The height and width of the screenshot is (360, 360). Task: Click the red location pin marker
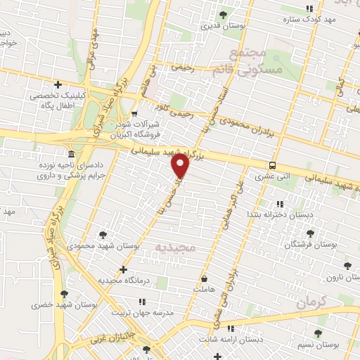181,166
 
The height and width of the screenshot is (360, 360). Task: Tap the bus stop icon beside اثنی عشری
271,166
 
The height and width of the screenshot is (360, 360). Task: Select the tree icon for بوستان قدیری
223,15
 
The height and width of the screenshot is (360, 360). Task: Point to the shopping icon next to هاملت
204,278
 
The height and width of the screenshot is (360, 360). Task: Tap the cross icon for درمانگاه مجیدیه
124,269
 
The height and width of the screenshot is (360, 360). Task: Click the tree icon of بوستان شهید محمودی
103,235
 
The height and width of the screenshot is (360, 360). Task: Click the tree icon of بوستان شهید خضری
64,294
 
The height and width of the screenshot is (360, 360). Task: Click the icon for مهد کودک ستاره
309,9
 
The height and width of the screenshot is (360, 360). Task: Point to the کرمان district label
311,303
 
